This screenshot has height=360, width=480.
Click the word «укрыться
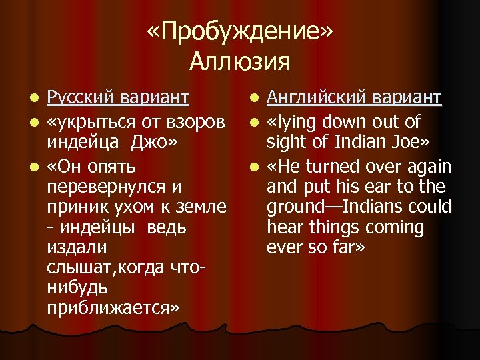point(88,121)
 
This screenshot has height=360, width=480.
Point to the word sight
point(287,143)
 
